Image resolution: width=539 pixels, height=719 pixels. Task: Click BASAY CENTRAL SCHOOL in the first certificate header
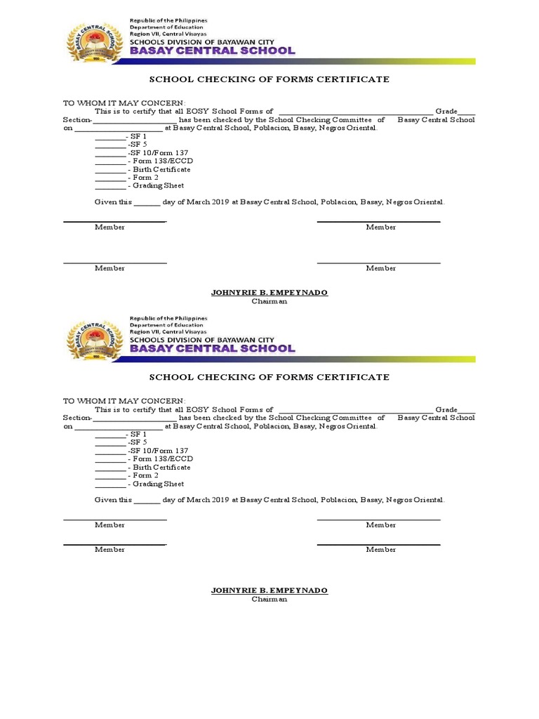pos(212,51)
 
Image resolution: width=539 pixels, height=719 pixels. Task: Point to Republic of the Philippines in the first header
pos(168,21)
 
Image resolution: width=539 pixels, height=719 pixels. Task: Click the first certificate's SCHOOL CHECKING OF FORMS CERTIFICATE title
pos(269,79)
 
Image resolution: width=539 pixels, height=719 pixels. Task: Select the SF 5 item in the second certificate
pos(138,442)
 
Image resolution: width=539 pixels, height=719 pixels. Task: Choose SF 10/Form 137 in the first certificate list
pos(158,152)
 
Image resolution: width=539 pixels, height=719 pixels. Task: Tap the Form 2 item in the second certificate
pos(145,475)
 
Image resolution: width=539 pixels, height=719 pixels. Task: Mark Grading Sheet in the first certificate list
pos(157,185)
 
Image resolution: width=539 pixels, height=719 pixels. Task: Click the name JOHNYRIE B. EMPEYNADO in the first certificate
pos(269,292)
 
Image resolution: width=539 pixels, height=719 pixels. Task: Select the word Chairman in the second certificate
pos(269,599)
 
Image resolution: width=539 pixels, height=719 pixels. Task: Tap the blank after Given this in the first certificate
pos(147,203)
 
